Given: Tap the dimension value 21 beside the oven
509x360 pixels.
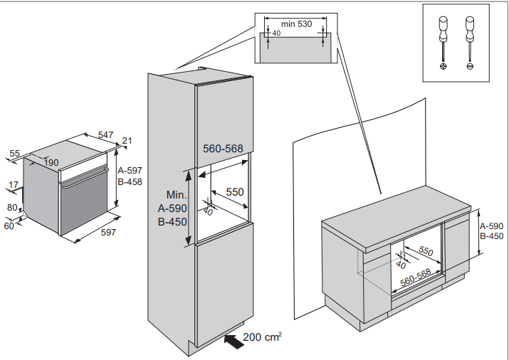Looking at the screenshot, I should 128,141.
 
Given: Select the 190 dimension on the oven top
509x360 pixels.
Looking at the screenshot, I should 51,163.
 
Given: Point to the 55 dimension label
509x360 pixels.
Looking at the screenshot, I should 14,153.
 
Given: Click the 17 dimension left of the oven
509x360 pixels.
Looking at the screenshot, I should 14,185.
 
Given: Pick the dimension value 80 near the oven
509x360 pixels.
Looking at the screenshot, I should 12,208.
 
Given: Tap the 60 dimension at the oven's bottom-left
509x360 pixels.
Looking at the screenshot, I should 9,226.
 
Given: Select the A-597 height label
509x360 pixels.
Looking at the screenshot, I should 130,170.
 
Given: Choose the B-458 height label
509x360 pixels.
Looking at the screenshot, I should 130,181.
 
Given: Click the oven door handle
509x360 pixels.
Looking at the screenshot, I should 84,178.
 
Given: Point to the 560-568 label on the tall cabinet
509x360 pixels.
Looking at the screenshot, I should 223,149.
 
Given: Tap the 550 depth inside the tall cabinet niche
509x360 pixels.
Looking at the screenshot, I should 235,191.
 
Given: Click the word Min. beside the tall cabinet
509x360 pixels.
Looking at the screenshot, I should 176,195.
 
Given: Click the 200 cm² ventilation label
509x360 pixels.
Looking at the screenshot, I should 263,337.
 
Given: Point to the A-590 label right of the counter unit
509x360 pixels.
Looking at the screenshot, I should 492,226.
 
